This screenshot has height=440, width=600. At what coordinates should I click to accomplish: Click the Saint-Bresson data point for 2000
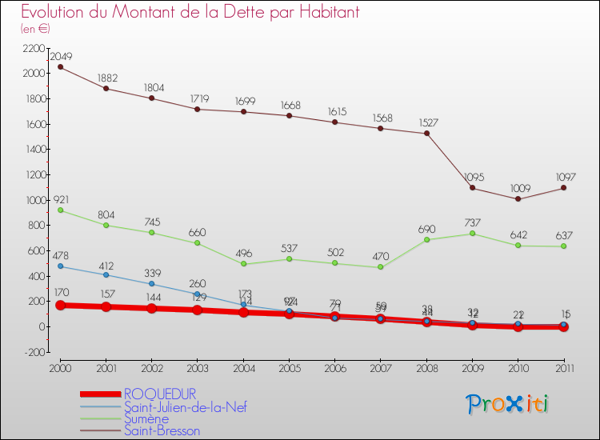click(60, 66)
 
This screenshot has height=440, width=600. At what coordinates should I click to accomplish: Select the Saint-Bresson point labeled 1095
click(473, 188)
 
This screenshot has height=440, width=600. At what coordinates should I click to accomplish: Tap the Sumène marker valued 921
click(60, 210)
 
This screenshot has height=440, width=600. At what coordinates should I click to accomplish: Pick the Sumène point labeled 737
click(473, 234)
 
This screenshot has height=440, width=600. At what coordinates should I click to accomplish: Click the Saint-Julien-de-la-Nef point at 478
click(60, 266)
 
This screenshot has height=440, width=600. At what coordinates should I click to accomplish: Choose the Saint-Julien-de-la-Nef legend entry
click(185, 406)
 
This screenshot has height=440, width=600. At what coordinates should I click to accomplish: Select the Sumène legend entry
click(146, 418)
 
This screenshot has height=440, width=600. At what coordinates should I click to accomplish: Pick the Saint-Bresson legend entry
click(162, 430)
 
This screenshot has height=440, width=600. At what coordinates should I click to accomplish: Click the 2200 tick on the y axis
click(33, 48)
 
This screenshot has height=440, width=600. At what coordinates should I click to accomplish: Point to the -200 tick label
click(34, 352)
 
